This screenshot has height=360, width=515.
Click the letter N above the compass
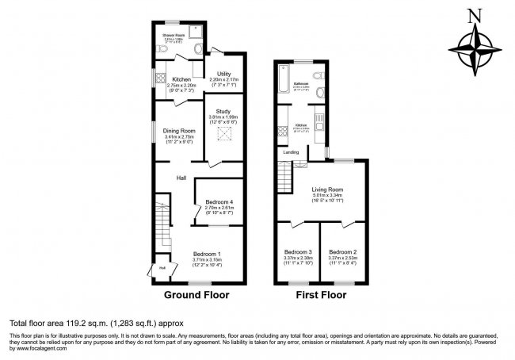(x=474, y=14)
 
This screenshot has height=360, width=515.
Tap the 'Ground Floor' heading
(x=196, y=295)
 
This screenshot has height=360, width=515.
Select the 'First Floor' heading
(x=321, y=295)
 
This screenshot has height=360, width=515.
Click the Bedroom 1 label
(x=208, y=253)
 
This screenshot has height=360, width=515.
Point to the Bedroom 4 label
(x=214, y=202)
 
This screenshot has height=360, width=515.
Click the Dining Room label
(x=179, y=131)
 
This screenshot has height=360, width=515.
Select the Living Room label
(x=326, y=190)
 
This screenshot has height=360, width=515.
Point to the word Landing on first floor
(x=292, y=151)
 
